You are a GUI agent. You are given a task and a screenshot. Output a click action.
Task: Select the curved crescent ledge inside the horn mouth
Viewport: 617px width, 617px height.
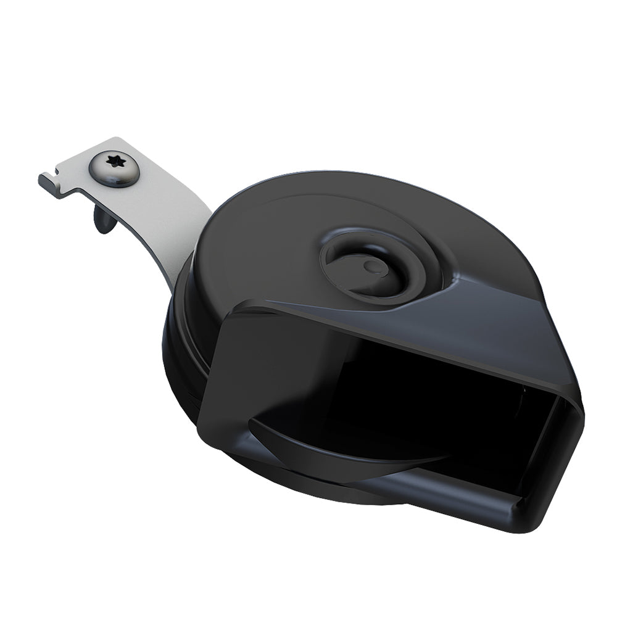[346, 444]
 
